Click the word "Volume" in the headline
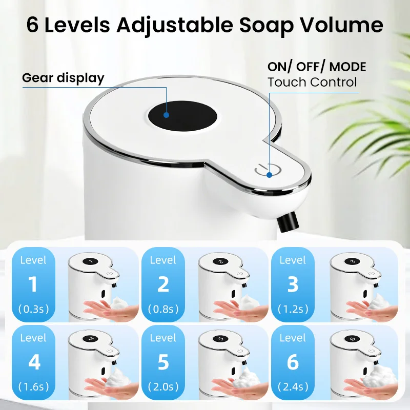click(342, 25)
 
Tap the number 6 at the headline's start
click(32, 25)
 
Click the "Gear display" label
click(63, 78)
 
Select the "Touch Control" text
click(312, 82)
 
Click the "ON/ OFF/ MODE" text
click(317, 67)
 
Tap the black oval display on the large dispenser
click(183, 116)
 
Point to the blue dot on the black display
click(166, 115)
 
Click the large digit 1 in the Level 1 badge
click(33, 284)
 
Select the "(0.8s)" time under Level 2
click(163, 309)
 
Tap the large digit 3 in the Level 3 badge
click(293, 284)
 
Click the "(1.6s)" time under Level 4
click(34, 386)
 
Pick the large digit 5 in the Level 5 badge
click(163, 362)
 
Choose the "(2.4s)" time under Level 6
click(293, 386)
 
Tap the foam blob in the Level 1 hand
click(120, 304)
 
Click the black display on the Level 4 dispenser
click(91, 339)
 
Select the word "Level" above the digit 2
click(163, 260)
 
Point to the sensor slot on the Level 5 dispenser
click(234, 372)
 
